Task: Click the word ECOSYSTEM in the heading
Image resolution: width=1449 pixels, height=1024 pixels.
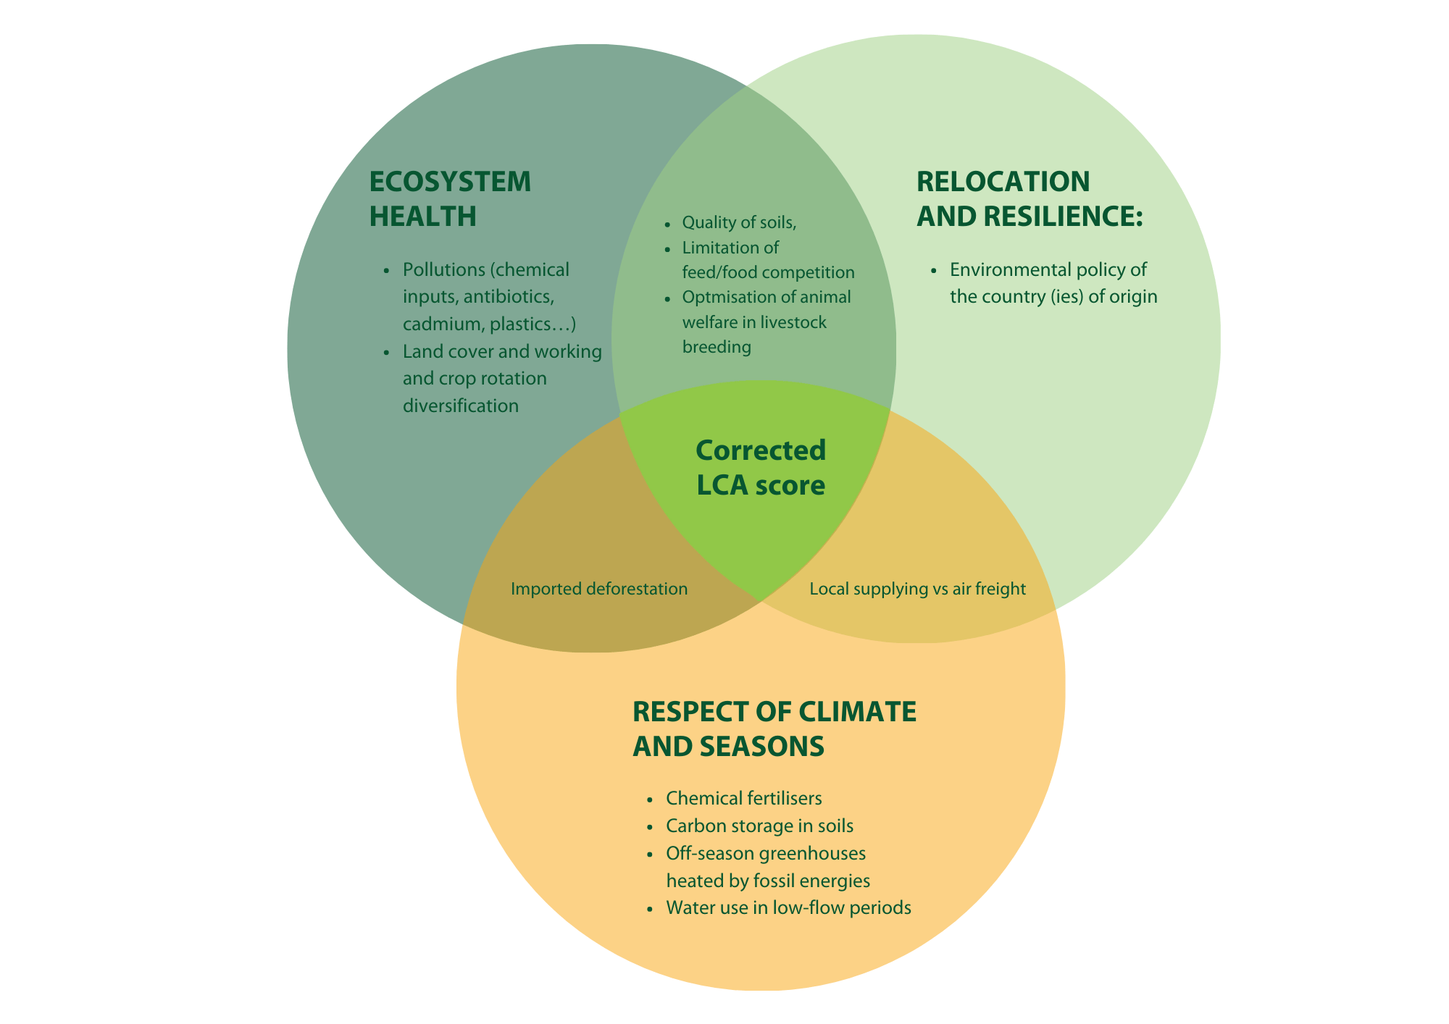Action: click(x=450, y=182)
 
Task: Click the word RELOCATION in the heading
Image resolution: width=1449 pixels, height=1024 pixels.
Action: click(x=1003, y=181)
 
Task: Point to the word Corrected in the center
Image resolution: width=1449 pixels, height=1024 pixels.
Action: click(x=760, y=450)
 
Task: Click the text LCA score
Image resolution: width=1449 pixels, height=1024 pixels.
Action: click(x=760, y=485)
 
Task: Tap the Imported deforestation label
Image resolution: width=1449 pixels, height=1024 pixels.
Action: click(x=598, y=589)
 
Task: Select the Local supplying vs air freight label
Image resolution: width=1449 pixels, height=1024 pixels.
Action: click(x=917, y=589)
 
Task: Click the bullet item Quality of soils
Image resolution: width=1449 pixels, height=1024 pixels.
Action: click(x=739, y=223)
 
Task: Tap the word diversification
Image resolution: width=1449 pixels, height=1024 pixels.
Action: click(x=460, y=406)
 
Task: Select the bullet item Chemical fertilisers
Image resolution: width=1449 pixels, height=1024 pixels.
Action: click(x=743, y=798)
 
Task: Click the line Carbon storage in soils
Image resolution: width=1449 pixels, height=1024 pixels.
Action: click(x=759, y=826)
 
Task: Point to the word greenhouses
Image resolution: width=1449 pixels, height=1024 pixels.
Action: click(x=812, y=853)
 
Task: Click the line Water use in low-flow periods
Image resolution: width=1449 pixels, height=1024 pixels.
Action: click(x=788, y=907)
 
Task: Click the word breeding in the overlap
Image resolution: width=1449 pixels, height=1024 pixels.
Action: click(x=717, y=347)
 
